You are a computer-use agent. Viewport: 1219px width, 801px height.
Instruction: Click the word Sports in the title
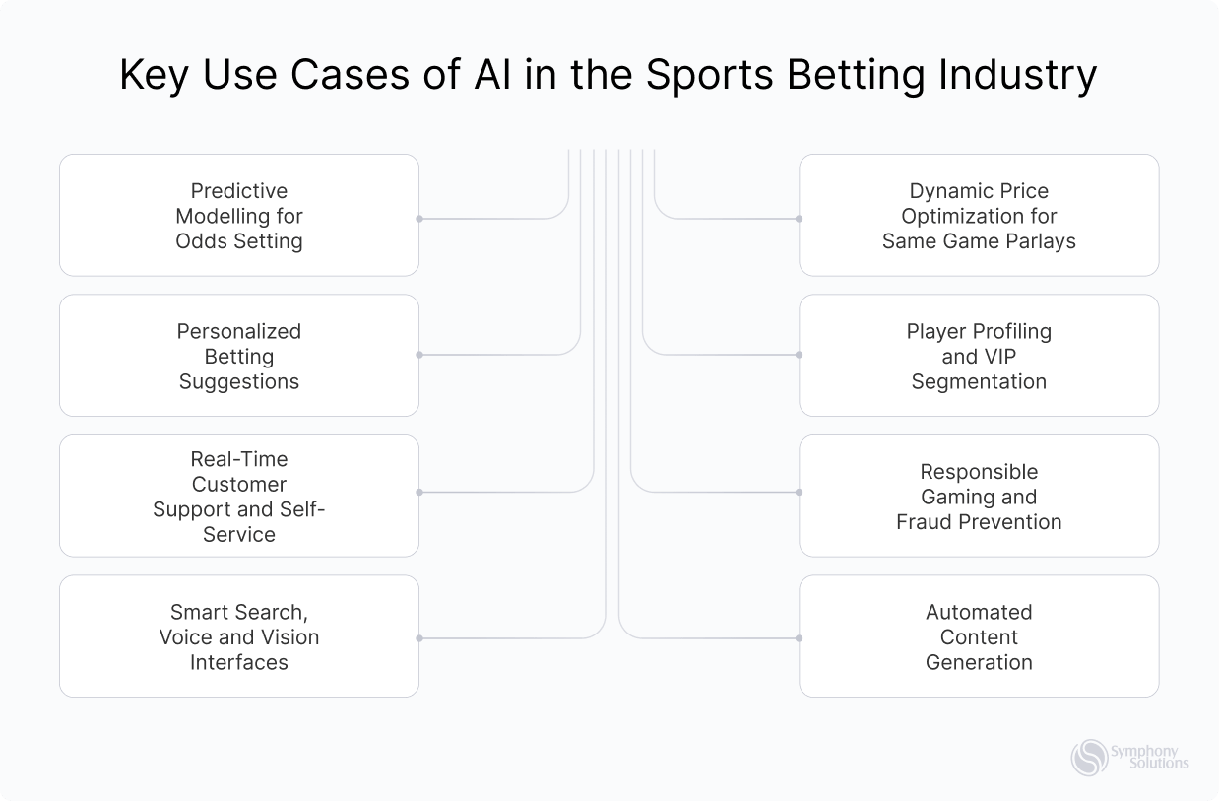704,77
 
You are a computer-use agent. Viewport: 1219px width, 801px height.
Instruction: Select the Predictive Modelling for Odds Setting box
239,215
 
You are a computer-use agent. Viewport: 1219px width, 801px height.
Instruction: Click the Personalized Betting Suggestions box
239,356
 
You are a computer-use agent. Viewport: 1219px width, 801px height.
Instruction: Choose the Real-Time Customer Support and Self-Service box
239,497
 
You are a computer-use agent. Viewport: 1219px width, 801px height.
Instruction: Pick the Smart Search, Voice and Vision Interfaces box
239,636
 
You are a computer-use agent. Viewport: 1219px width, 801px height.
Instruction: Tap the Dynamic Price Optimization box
979,215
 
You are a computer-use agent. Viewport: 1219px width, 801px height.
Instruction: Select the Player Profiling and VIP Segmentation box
979,356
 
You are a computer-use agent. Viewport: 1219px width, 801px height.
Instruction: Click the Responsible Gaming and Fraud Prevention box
979,497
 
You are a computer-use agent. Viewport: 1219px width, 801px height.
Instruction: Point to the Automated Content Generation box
979,636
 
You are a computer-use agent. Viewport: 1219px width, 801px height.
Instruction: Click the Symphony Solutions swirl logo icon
1089,758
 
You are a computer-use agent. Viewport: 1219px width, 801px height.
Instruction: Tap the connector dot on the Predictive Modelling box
419,218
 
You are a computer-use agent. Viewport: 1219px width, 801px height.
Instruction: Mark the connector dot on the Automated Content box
799,638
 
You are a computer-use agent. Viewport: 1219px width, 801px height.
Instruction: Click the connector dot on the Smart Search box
419,638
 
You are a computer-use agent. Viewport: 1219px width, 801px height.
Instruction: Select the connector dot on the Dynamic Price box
799,218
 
